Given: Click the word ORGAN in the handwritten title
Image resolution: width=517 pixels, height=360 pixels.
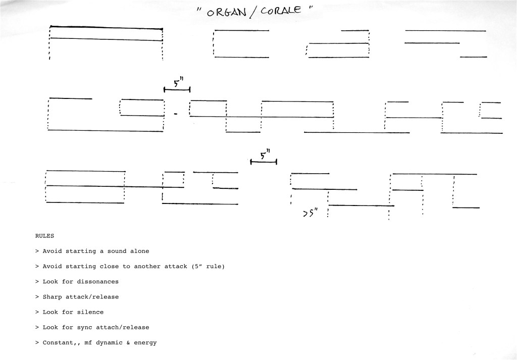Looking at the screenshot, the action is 227,12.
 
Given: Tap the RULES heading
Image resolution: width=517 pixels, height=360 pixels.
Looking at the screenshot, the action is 44,236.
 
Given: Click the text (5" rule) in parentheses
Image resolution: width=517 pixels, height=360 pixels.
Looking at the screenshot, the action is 208,267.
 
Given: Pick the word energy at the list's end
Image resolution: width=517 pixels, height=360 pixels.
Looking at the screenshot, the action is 145,343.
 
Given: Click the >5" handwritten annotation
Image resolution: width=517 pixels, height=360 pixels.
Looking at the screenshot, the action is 311,213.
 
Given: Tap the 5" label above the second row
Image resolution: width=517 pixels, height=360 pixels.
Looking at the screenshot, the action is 178,82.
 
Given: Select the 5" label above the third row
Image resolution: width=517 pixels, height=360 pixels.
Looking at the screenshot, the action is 265,155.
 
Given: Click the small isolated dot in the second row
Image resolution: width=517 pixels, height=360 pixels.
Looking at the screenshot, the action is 176,114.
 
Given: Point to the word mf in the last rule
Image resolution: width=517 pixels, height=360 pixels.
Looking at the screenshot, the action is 88,342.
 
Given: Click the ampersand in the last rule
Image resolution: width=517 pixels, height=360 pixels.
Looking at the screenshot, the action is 128,342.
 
